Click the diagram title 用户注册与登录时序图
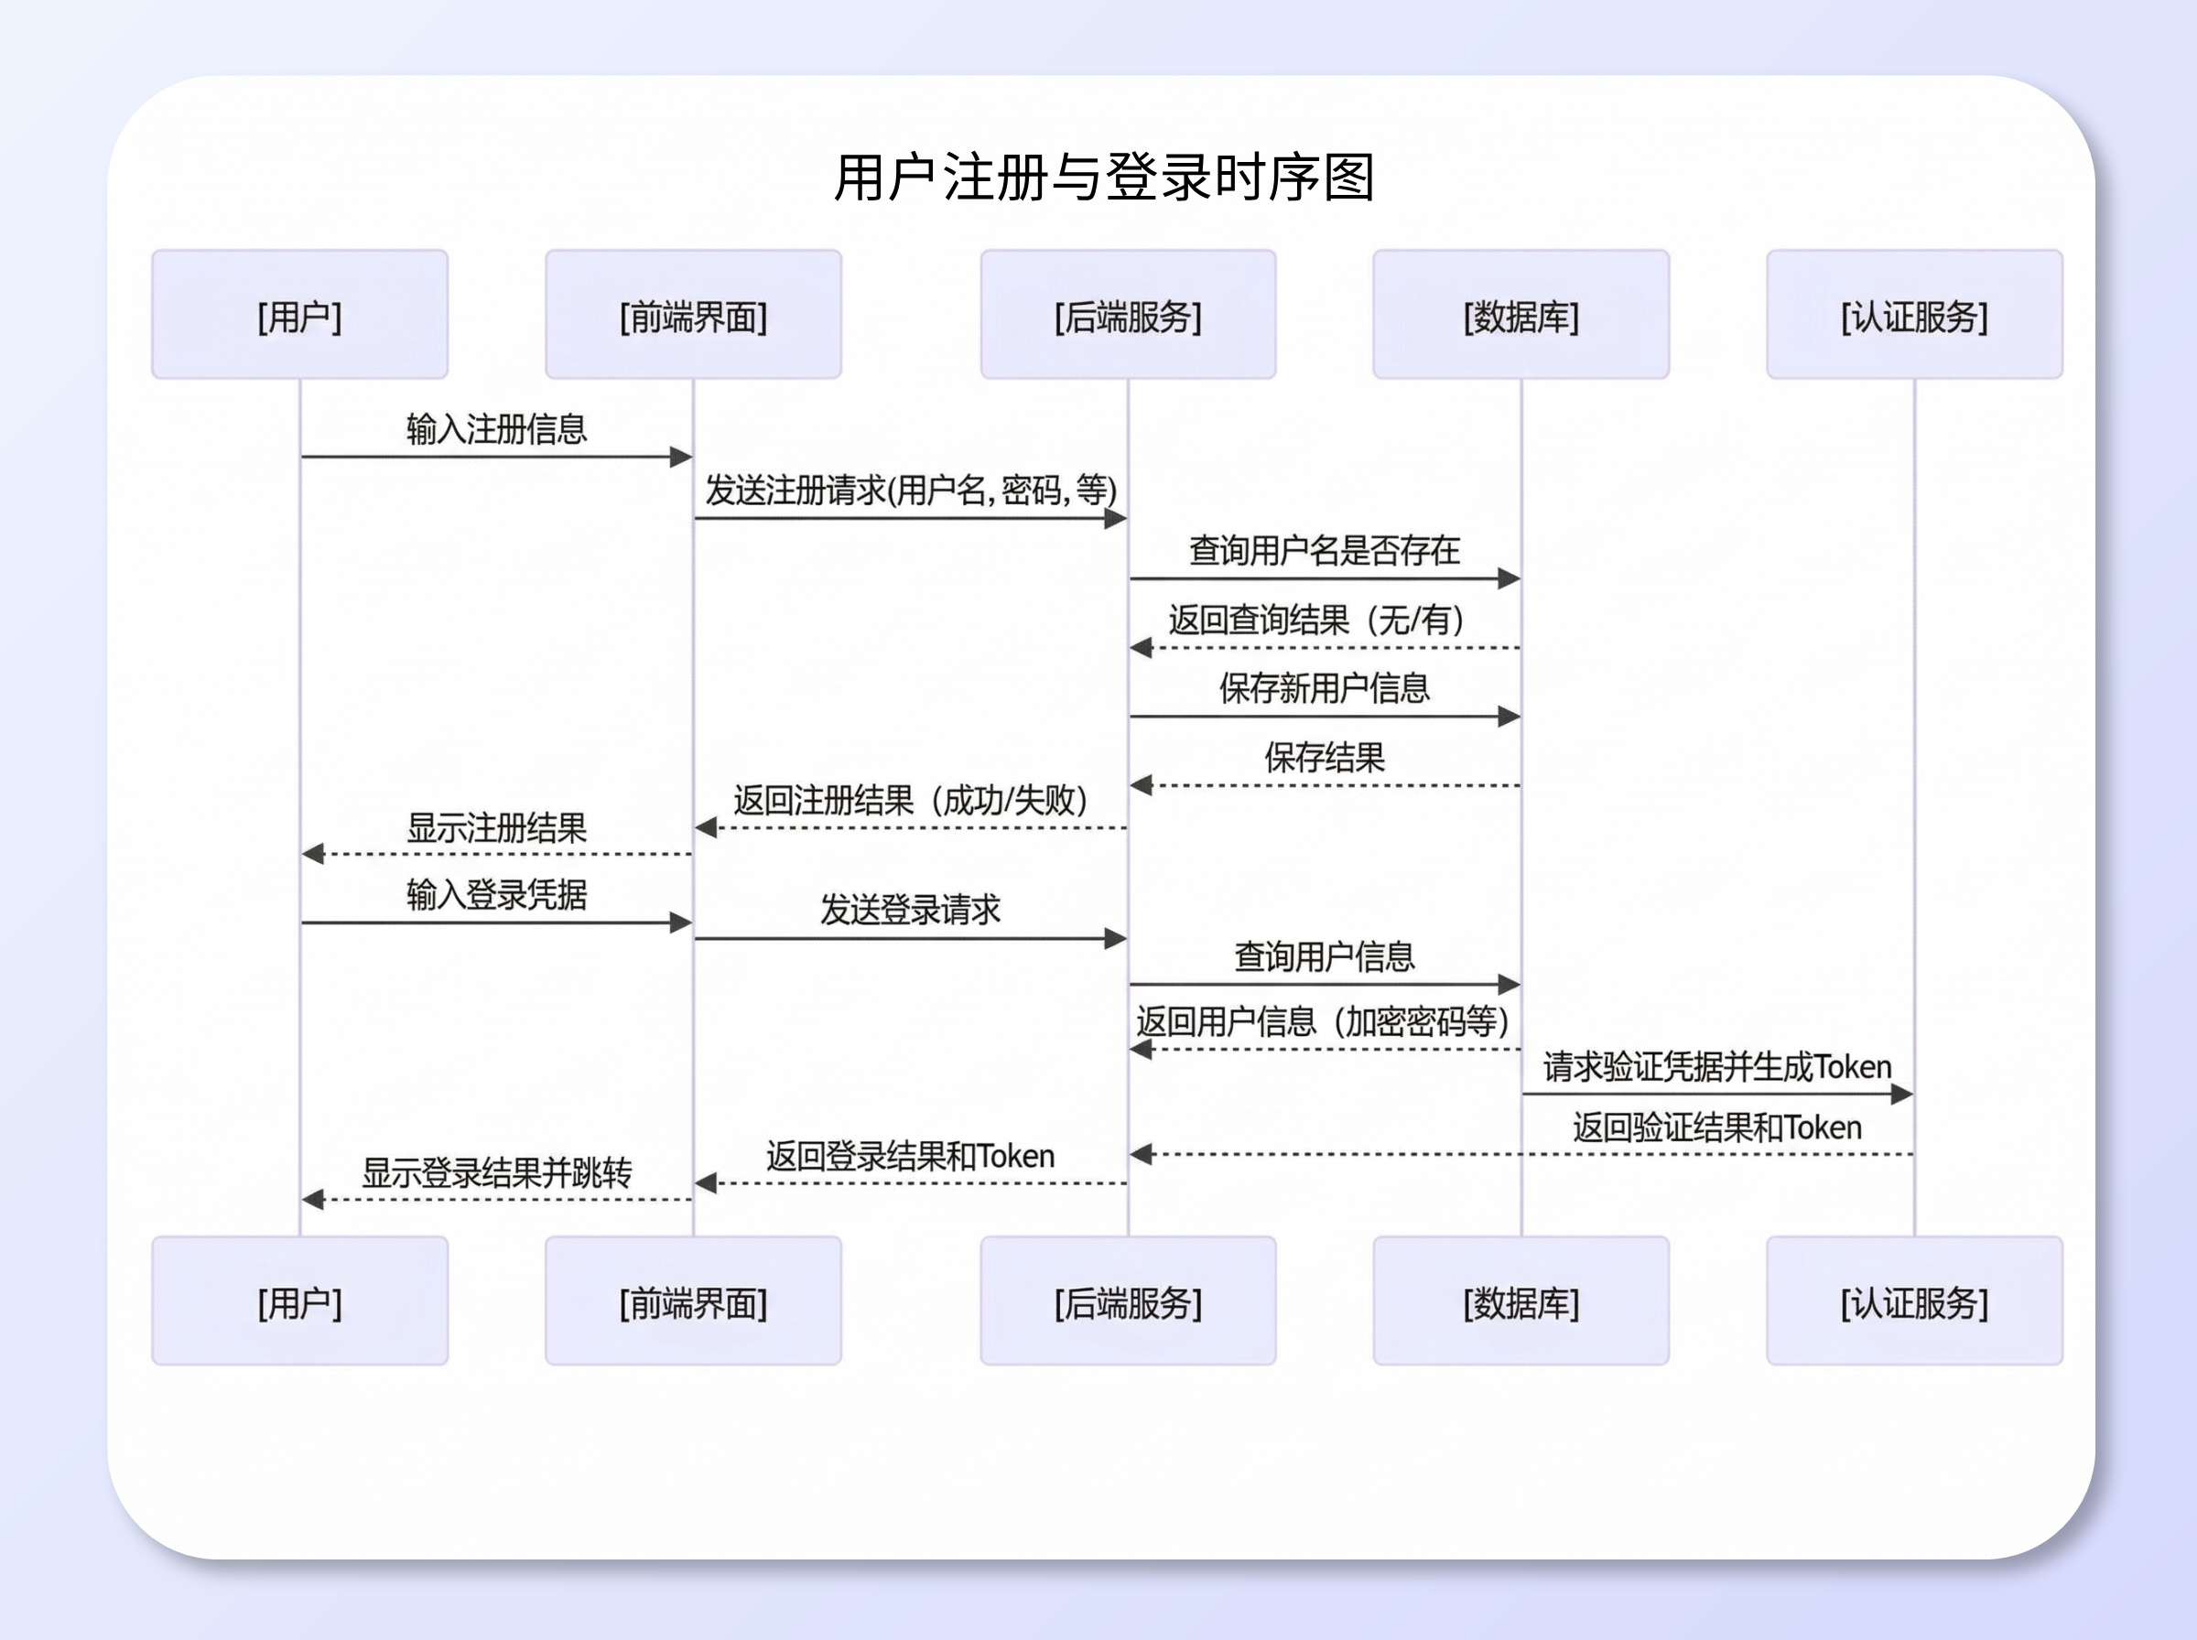pos(1103,178)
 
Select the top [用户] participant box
pos(300,315)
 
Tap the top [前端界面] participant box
pos(693,315)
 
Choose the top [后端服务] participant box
pos(1128,315)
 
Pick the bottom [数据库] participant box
pos(1521,1301)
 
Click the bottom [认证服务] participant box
pos(1914,1301)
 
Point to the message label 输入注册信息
pos(496,430)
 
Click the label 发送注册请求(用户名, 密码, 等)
pos(910,490)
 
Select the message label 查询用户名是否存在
pos(1325,550)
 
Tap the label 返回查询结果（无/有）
pos(1316,620)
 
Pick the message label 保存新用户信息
pos(1325,688)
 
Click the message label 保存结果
pos(1325,758)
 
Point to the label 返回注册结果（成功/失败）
pos(910,800)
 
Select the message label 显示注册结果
pos(496,828)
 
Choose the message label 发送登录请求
pos(910,910)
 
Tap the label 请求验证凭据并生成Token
pos(1717,1067)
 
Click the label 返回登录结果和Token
pos(910,1157)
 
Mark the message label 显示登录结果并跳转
pos(496,1173)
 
